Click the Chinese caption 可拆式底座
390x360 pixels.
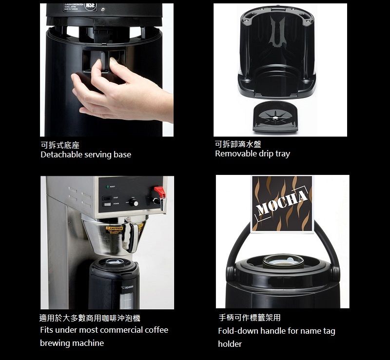click(60, 145)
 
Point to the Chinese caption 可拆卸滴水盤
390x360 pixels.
click(238, 144)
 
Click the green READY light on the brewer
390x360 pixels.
click(107, 187)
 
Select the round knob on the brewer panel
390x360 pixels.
click(135, 203)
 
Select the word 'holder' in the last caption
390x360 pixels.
click(230, 344)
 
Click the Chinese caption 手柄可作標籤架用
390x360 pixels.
click(249, 318)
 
